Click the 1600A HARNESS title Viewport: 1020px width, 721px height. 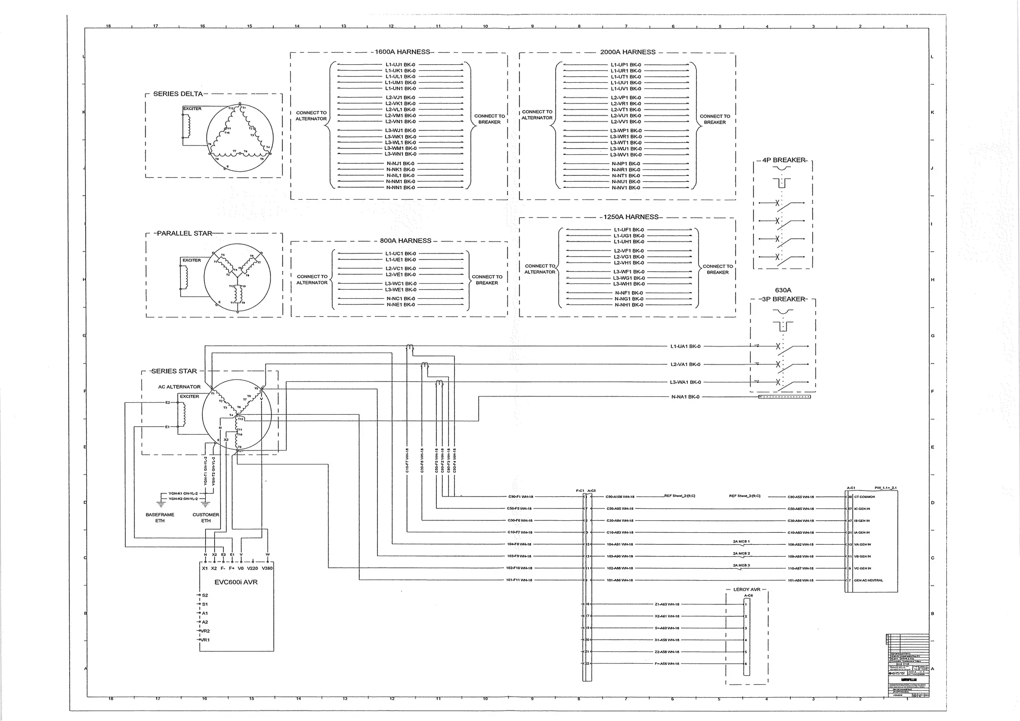[402, 52]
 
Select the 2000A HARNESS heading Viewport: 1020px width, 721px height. [628, 52]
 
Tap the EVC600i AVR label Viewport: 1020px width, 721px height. [236, 582]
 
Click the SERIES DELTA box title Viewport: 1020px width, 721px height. [178, 94]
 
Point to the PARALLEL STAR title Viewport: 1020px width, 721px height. [184, 234]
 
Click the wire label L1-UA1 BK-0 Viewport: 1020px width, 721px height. [685, 347]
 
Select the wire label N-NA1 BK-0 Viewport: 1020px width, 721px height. [685, 397]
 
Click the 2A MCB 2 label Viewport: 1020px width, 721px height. [741, 553]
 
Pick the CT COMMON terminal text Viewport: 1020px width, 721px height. [865, 497]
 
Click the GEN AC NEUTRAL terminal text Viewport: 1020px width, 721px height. [869, 581]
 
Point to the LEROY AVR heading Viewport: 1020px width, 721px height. [747, 590]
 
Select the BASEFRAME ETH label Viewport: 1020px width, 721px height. [160, 518]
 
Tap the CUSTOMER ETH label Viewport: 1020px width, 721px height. [206, 518]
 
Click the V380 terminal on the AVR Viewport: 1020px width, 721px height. [267, 568]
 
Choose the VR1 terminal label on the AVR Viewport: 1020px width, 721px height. [205, 640]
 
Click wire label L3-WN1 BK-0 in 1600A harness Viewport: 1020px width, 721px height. [400, 154]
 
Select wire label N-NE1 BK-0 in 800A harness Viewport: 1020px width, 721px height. [400, 305]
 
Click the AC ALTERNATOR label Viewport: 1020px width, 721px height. [179, 387]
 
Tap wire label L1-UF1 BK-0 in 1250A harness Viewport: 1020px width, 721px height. [629, 230]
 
